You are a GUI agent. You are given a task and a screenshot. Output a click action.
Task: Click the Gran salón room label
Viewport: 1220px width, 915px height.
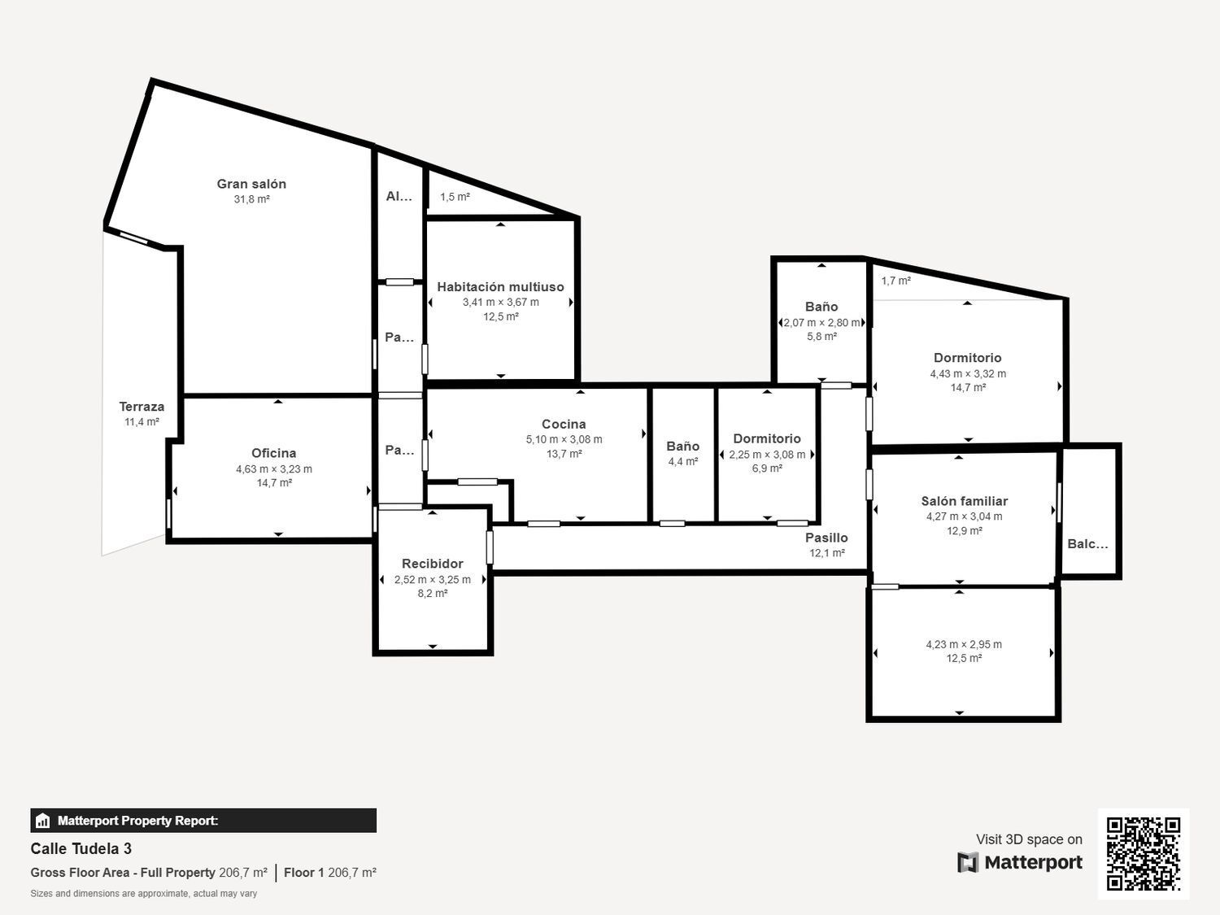tap(251, 184)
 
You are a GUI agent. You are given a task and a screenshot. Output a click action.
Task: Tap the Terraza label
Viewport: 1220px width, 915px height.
tap(142, 407)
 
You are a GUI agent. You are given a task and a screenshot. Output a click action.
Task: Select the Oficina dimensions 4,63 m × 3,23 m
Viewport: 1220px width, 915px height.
tap(274, 469)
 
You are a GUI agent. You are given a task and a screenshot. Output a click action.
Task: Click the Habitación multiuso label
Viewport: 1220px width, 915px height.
tap(500, 287)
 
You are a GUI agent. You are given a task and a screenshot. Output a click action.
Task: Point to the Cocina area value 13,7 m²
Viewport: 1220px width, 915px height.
tap(564, 454)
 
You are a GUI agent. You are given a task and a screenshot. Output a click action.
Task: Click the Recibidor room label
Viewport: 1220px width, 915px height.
tap(432, 564)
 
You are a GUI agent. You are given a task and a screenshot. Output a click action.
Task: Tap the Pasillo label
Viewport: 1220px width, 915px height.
tap(826, 538)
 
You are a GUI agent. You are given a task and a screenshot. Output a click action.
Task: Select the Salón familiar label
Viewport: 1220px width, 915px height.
tap(964, 501)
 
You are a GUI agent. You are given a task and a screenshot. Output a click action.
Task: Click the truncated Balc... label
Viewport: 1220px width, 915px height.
tap(1087, 544)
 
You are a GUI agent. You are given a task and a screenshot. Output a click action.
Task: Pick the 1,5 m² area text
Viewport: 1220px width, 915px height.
tap(455, 197)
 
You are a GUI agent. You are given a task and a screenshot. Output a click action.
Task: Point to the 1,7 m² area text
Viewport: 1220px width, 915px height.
tap(895, 281)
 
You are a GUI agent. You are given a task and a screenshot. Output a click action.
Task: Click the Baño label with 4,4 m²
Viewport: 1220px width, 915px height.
tap(682, 446)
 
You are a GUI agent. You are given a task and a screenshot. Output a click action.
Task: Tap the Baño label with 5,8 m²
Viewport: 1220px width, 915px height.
tap(821, 307)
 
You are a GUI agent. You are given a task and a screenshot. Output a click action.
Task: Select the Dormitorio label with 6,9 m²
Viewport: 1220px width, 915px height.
tap(766, 438)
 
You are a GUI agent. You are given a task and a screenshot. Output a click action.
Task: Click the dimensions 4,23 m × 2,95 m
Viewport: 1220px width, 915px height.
tap(964, 644)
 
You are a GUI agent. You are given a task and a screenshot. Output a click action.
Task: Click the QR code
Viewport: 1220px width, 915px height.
tap(1143, 853)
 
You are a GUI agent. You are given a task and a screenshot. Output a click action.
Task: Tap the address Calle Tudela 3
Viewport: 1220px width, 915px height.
tap(81, 848)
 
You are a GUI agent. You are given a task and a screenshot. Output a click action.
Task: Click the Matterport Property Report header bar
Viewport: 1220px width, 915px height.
tap(203, 821)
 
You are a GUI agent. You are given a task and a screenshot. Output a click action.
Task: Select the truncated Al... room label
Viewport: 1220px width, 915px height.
tap(399, 196)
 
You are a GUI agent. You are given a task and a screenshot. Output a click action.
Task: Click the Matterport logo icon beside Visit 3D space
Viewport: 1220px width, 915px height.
tap(968, 862)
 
